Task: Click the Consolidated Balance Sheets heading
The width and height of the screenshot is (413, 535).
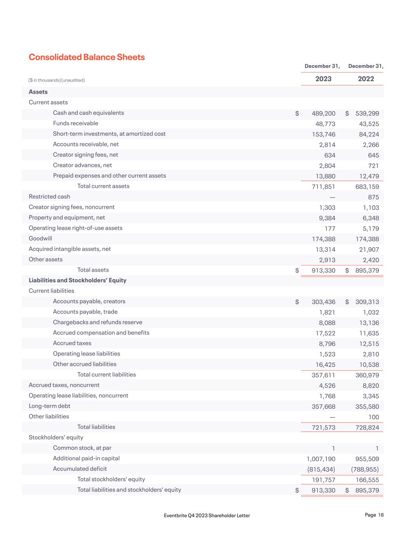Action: [87, 57]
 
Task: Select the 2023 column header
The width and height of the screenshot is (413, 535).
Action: [323, 79]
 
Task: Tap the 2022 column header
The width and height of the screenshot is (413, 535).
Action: [366, 79]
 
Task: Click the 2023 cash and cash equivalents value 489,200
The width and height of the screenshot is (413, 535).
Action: [323, 114]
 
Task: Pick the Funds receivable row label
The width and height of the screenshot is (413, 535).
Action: [76, 123]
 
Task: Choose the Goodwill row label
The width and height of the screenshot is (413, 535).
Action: [40, 238]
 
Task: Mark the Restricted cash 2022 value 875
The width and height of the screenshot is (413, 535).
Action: [373, 197]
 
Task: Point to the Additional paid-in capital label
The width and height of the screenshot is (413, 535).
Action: [86, 458]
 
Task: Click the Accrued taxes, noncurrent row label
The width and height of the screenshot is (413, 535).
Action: [64, 385]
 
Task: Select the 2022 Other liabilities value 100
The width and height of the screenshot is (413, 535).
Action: [373, 417]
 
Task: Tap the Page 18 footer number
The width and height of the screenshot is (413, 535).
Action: [374, 515]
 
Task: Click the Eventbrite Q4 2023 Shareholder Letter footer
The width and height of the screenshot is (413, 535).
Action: [207, 515]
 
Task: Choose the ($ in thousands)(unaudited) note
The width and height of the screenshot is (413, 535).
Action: [57, 80]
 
